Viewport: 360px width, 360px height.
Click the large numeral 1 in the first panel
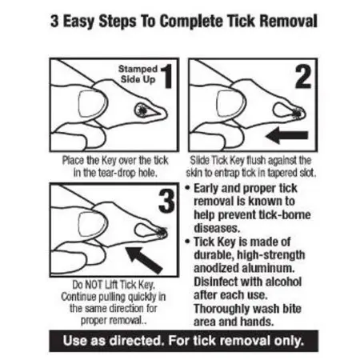(167, 77)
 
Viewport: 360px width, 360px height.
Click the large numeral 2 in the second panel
(303, 77)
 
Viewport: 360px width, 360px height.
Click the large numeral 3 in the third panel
(166, 201)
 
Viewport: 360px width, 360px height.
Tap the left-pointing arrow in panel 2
(287, 135)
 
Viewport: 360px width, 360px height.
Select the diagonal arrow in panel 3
(144, 260)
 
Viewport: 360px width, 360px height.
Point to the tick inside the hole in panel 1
(142, 110)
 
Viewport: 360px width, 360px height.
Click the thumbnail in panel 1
(92, 104)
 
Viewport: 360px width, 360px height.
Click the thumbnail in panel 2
(231, 104)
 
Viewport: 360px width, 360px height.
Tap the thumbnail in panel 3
(92, 224)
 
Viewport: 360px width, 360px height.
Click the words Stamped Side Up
(138, 74)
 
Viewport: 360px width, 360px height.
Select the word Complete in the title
(190, 22)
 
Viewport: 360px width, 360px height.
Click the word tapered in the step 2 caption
(282, 174)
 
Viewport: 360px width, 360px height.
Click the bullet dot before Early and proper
(187, 188)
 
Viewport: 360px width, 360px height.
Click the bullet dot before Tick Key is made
(187, 242)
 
